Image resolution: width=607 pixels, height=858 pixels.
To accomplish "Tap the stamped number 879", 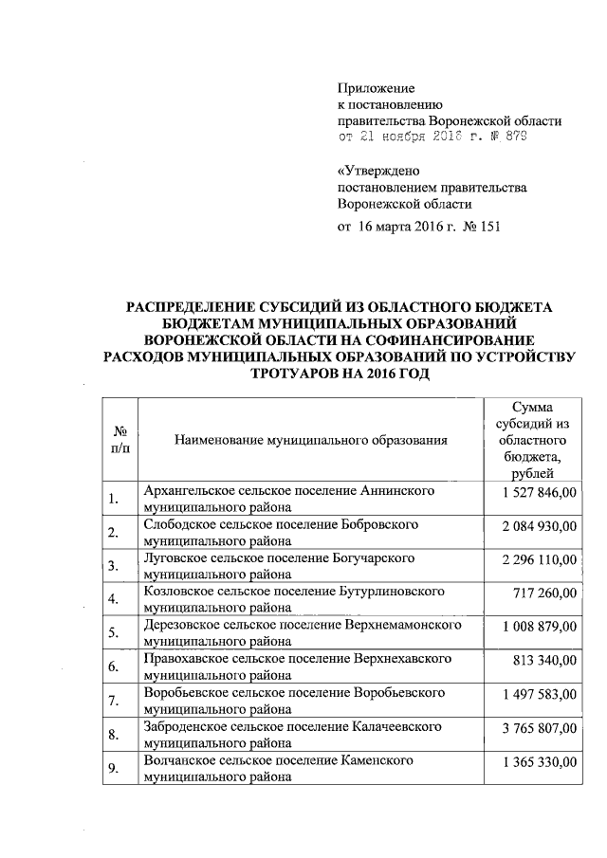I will coord(514,137).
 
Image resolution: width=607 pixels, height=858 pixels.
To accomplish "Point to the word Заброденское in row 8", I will coord(185,726).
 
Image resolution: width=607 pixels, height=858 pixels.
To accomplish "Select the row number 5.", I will coord(113,633).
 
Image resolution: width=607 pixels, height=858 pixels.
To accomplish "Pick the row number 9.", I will coord(113,769).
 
